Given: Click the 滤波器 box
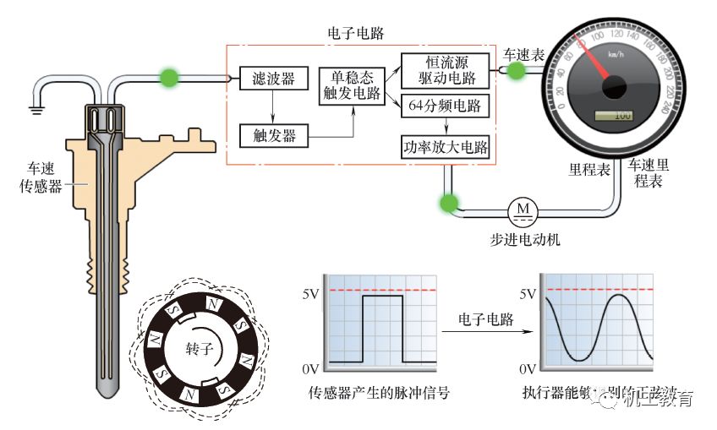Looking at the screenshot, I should click(x=273, y=79).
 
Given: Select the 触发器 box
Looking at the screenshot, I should click(x=273, y=134).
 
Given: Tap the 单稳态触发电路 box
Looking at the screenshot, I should click(x=350, y=86).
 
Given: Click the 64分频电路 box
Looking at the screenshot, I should click(x=445, y=106).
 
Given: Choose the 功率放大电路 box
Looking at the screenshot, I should click(x=445, y=147).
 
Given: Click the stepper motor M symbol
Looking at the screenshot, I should click(x=522, y=207).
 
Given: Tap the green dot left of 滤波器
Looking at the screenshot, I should click(x=170, y=78).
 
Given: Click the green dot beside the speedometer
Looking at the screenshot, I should click(x=515, y=71).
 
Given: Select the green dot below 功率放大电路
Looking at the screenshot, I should click(x=447, y=203).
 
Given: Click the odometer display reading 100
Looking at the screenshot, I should click(x=615, y=115).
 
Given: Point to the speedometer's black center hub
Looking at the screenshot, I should click(x=613, y=85).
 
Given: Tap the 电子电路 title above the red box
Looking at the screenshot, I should click(x=356, y=33).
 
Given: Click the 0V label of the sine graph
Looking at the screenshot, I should click(x=526, y=369).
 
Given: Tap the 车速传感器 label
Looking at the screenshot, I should click(x=41, y=179).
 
